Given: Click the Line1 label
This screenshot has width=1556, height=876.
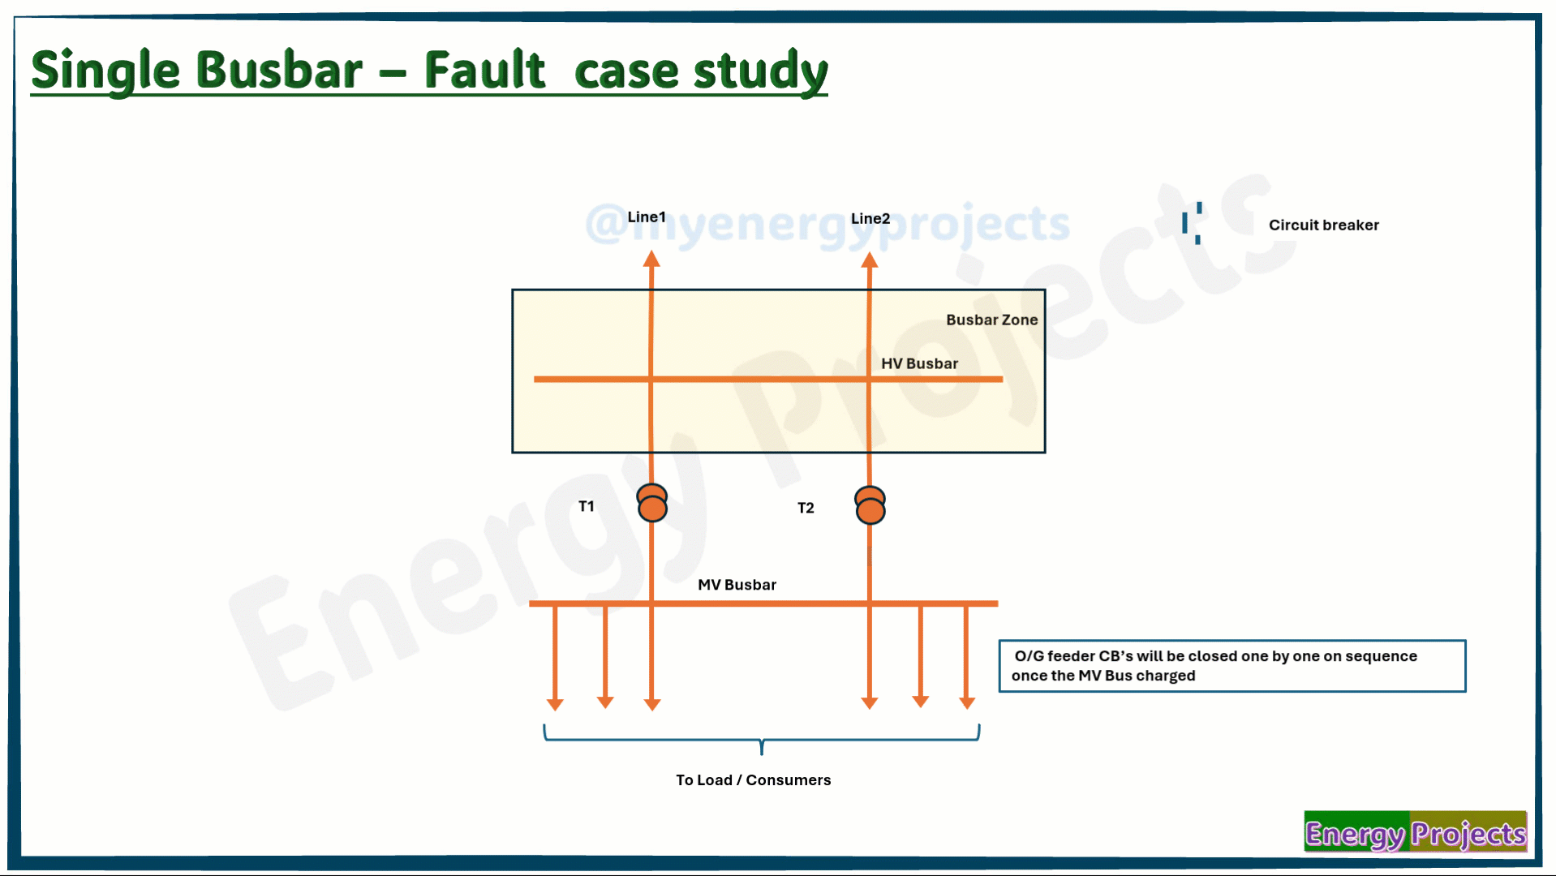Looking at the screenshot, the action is (x=646, y=217).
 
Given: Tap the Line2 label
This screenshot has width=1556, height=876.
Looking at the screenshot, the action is (x=870, y=218).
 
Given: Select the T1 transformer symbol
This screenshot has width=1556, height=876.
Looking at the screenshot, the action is (x=652, y=503).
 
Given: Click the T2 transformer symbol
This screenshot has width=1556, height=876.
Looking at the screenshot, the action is (x=870, y=505).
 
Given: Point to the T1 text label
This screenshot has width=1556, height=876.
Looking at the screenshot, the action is (x=586, y=506).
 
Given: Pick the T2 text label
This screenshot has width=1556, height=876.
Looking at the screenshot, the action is (x=806, y=508).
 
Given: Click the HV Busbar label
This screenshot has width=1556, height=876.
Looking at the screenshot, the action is (x=919, y=363).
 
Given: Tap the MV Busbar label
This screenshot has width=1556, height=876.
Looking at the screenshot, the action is (x=737, y=585).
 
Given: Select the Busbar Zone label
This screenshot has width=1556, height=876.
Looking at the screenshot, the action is (x=991, y=320).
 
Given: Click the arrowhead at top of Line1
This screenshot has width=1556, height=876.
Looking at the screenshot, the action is (x=651, y=259).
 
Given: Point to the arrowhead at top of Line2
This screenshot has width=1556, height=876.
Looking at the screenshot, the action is (x=870, y=260).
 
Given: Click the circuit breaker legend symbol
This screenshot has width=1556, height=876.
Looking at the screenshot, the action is (x=1192, y=223).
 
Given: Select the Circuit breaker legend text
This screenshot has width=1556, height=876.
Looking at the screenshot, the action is (x=1323, y=225).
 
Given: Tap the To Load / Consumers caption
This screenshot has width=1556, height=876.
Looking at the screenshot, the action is (x=753, y=779).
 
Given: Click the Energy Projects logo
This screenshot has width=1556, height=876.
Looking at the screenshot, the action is (x=1416, y=832).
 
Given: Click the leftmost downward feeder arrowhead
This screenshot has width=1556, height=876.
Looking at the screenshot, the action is (x=555, y=704).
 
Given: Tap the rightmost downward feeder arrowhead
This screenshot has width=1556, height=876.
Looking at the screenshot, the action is (x=967, y=702).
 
